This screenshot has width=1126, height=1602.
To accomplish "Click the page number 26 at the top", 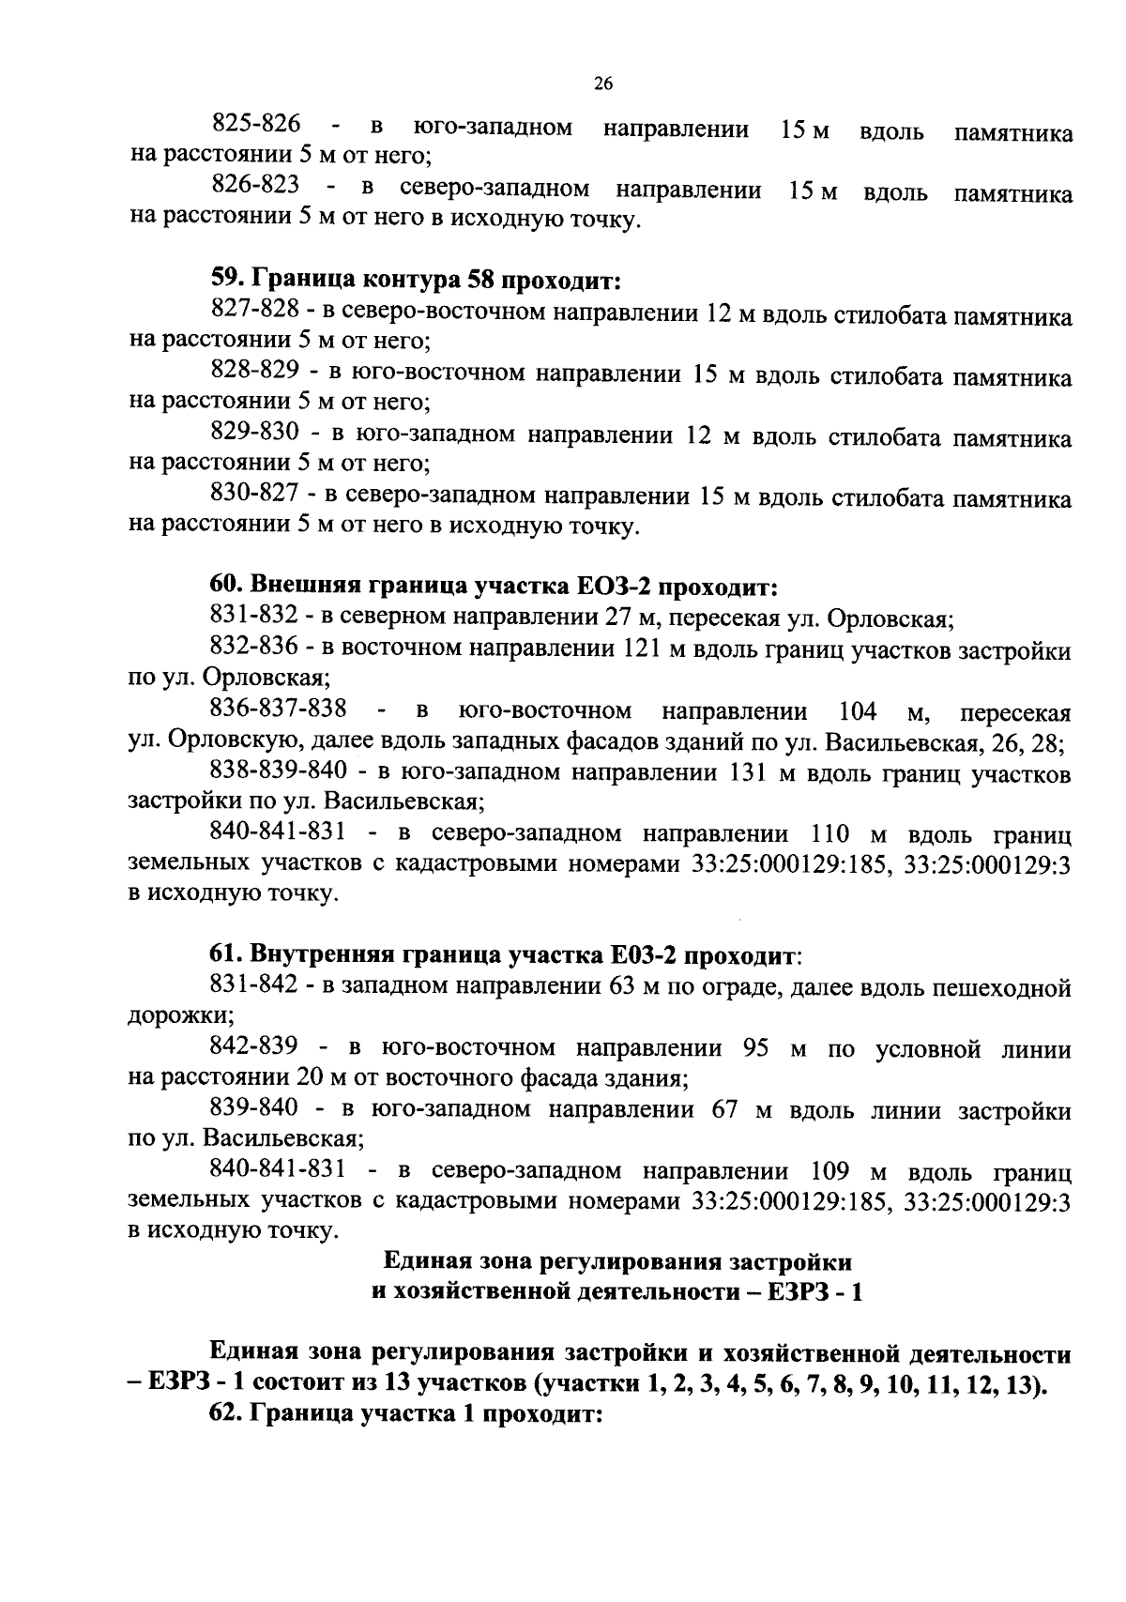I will (603, 84).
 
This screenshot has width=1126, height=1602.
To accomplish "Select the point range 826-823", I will (256, 186).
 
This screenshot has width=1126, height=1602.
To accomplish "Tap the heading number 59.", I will (226, 280).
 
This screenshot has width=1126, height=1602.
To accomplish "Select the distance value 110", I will (829, 833).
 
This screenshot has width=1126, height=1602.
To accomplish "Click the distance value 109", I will (829, 1171).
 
